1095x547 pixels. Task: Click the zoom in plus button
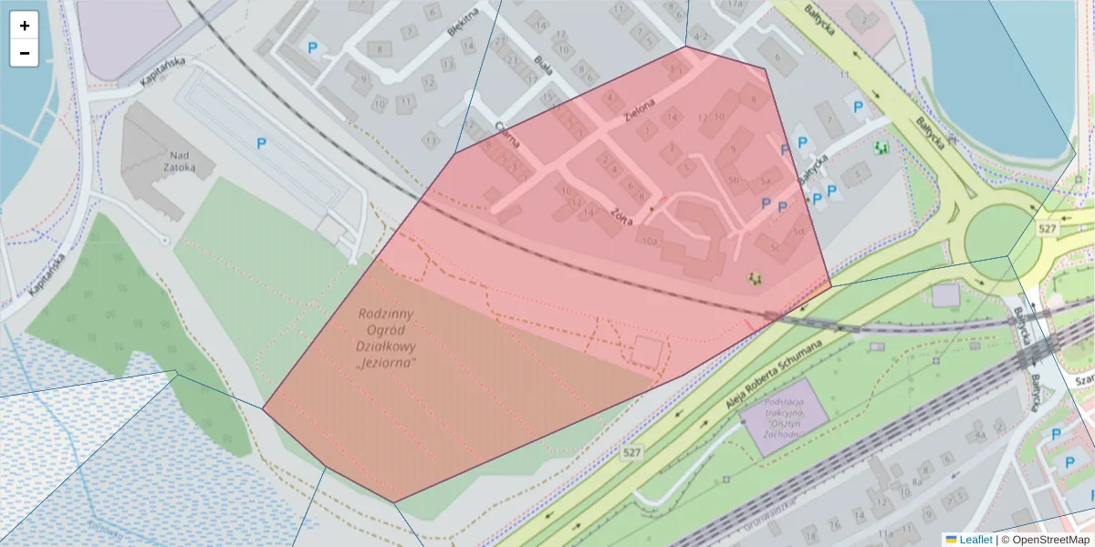(x=25, y=26)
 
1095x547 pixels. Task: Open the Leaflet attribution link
(x=975, y=540)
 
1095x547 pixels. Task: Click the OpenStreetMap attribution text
(x=1050, y=540)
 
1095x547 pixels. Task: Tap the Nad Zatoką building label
(x=170, y=161)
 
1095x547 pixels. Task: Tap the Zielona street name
(x=639, y=110)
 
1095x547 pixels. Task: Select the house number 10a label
(x=650, y=241)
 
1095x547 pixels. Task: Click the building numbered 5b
(x=733, y=180)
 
